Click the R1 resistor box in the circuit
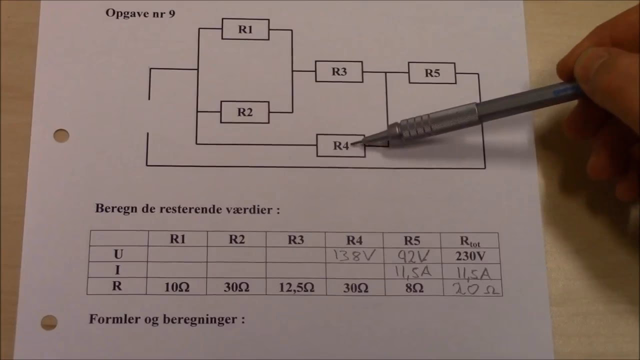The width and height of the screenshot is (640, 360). click(245, 29)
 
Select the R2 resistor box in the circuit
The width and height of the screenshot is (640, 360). click(244, 112)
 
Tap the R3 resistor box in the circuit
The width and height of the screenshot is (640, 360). click(338, 71)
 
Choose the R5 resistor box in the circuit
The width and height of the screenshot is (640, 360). click(432, 73)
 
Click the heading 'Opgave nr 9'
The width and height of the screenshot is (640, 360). click(140, 13)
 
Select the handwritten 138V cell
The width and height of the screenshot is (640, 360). click(354, 256)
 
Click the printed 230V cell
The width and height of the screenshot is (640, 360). click(469, 256)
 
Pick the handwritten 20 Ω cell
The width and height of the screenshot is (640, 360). click(471, 288)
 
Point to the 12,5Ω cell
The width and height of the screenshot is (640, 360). click(295, 287)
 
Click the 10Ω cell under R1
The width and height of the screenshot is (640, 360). click(177, 287)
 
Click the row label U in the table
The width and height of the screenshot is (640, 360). click(118, 254)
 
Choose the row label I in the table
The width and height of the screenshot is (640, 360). click(118, 270)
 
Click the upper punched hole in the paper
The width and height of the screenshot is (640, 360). click(61, 135)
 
